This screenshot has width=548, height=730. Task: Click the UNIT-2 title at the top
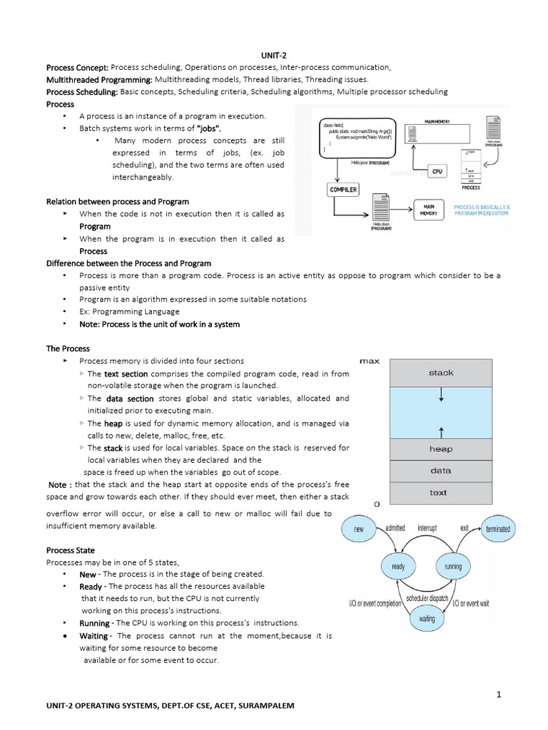tap(274, 55)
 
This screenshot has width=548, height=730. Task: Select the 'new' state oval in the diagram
tap(358, 530)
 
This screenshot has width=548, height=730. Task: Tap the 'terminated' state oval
tap(497, 530)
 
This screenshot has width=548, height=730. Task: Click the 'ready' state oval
tap(398, 567)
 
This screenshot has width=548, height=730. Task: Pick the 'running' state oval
tap(453, 567)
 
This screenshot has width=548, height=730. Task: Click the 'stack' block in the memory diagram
tap(441, 373)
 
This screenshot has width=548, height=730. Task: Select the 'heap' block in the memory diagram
tap(441, 449)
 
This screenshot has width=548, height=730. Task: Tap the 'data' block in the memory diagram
tap(441, 471)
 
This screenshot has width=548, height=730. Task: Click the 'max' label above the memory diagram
tap(369, 361)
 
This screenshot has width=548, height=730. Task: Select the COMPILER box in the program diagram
tap(343, 190)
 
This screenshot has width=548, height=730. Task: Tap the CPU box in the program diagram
tap(437, 171)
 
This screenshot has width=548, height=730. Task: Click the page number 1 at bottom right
tap(500, 694)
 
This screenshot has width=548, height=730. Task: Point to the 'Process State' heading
tap(70, 550)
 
